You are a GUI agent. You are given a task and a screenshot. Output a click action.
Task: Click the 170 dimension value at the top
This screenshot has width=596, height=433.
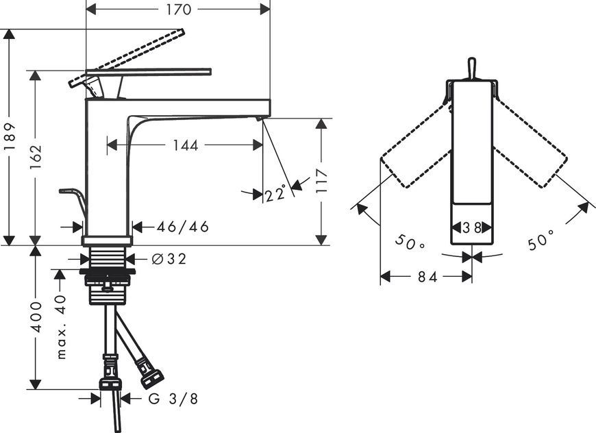[179, 10]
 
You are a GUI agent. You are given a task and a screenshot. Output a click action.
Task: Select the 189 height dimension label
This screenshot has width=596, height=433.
[10, 136]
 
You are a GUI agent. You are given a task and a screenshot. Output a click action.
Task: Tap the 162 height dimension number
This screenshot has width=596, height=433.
[36, 157]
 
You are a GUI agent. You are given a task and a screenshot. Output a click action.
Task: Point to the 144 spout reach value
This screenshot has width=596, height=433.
[186, 145]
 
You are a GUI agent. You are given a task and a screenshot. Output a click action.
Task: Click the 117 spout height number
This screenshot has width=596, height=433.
[321, 181]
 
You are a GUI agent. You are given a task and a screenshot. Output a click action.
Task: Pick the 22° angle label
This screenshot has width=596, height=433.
[275, 194]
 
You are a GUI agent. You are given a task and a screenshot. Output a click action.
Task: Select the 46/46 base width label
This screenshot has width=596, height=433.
[183, 227]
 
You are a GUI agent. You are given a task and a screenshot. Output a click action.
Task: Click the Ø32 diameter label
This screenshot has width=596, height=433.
[169, 259]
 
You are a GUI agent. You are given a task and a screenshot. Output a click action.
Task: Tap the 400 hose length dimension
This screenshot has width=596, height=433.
[36, 317]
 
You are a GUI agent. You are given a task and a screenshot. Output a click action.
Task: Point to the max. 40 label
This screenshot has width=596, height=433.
[61, 327]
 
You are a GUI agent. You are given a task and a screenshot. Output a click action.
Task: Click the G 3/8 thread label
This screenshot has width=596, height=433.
[173, 399]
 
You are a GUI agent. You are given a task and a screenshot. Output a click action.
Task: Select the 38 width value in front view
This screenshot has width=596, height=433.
[472, 227]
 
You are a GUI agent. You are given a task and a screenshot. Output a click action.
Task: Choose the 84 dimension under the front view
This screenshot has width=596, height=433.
[427, 277]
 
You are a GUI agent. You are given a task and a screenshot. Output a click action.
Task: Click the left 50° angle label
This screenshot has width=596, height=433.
[410, 242]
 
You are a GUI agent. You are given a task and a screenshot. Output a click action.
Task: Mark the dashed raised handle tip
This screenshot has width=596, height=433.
[181, 32]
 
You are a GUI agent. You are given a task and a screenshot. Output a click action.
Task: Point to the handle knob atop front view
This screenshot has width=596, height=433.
[471, 68]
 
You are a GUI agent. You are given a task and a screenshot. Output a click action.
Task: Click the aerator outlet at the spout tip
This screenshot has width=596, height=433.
[260, 119]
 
